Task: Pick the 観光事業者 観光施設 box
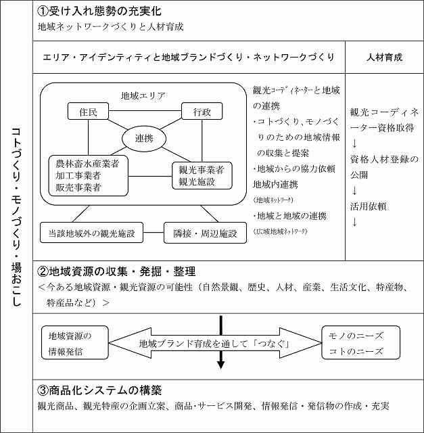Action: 202,175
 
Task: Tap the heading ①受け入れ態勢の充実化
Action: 99,12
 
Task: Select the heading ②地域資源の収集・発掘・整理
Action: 116,271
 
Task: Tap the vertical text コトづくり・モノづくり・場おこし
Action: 17,216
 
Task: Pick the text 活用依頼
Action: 369,206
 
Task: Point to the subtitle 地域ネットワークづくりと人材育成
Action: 112,28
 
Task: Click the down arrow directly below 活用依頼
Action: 354,222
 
